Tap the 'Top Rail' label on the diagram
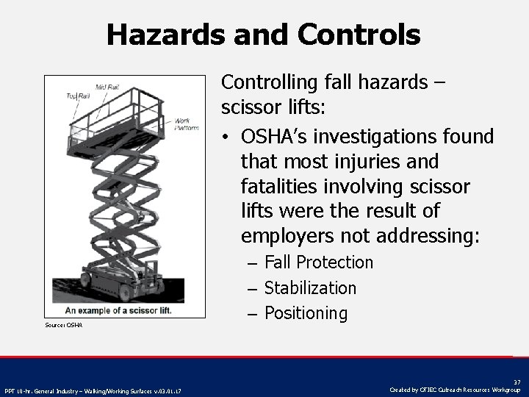[78, 96]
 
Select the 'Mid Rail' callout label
[107, 87]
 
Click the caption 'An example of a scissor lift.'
[118, 310]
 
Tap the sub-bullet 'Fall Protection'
[318, 262]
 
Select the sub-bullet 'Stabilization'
[309, 288]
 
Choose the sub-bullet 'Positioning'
[305, 314]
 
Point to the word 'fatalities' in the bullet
[278, 186]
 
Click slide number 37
[517, 382]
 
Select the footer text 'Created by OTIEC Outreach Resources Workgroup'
[455, 390]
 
